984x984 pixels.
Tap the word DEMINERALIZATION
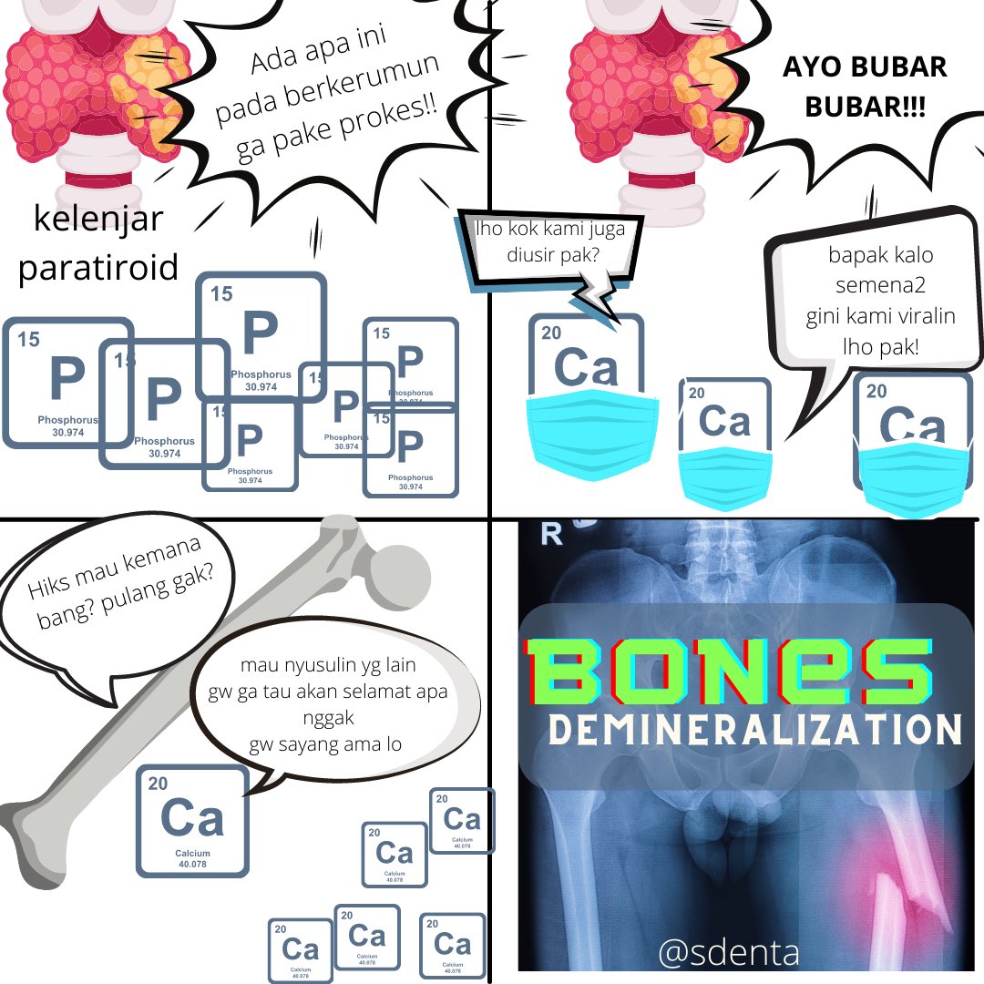[x=754, y=729]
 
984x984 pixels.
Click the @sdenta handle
[x=728, y=953]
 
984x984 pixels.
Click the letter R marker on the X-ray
[x=551, y=534]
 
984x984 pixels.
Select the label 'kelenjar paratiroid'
[x=97, y=244]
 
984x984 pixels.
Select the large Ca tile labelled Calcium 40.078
[x=192, y=820]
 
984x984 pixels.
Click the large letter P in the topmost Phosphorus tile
[x=260, y=333]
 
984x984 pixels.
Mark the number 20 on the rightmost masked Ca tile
[x=876, y=392]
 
